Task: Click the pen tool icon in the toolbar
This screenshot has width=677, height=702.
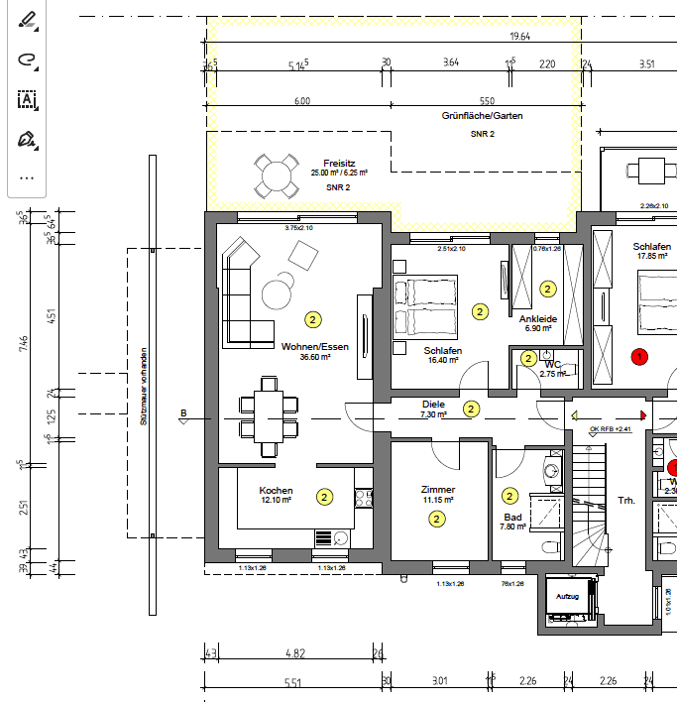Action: tap(27, 19)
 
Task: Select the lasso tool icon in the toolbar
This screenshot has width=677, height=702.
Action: tap(27, 59)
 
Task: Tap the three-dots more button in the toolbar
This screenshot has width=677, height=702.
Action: tap(27, 178)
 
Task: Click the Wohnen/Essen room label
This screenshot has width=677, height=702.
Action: tap(314, 346)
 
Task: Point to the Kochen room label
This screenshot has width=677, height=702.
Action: tap(276, 491)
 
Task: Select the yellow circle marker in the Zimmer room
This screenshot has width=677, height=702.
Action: tap(436, 520)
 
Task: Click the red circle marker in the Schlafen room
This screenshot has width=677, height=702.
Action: tap(639, 355)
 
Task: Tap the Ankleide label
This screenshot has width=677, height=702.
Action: tap(538, 318)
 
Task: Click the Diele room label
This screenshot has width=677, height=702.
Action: tap(433, 405)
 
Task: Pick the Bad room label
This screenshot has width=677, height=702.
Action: tap(512, 517)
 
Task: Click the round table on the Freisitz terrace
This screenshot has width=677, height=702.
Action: tap(275, 176)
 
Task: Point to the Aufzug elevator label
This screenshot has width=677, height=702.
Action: tap(568, 597)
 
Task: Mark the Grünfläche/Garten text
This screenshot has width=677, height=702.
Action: tap(482, 116)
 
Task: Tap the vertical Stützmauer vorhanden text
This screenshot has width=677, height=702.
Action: tap(144, 388)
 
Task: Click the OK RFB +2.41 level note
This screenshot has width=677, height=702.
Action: tap(609, 428)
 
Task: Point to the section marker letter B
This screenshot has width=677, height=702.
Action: tap(183, 412)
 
